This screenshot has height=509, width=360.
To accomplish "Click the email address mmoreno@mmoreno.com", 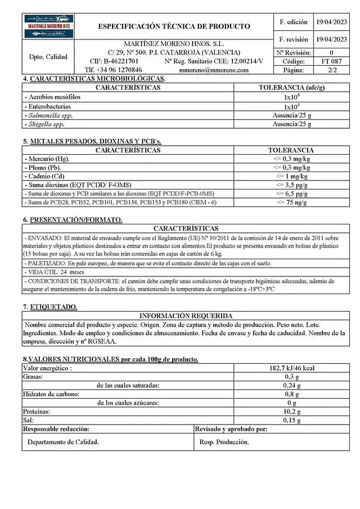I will [213, 70].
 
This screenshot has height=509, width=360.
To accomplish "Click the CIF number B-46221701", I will [114, 61].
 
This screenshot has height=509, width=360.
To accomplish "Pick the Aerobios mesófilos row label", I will [54, 97].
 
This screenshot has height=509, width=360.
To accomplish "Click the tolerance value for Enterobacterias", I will [291, 106].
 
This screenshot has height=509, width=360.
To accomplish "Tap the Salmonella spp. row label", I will [50, 115].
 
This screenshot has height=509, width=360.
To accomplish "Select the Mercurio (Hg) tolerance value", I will [291, 159].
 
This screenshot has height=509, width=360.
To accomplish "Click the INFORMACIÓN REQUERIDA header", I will [186, 316].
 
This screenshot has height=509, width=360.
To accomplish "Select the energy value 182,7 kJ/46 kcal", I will [291, 368].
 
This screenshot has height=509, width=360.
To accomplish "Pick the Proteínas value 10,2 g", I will [291, 411].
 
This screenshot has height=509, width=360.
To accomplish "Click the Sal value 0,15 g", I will [291, 420].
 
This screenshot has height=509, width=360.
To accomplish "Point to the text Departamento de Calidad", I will [63, 442].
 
